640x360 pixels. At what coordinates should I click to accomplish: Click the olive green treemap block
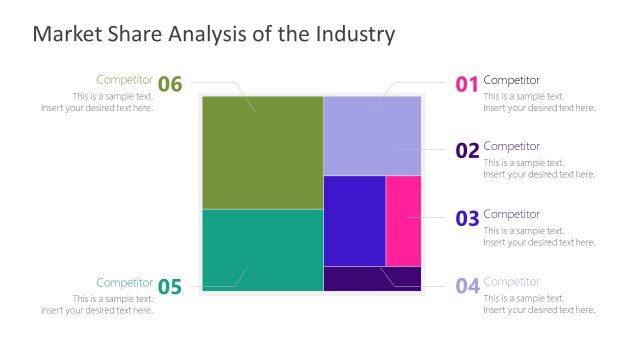click(262, 152)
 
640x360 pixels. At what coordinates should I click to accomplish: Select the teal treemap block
click(262, 250)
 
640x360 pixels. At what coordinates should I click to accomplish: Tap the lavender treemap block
click(372, 135)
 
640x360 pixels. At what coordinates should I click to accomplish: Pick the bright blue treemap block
click(354, 220)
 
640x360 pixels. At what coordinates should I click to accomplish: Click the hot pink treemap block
click(403, 220)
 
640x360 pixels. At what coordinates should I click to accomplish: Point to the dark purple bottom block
click(372, 278)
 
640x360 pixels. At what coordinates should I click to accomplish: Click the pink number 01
click(467, 85)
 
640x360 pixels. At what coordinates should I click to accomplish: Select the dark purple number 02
click(467, 151)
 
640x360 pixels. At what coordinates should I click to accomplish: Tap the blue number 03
click(467, 219)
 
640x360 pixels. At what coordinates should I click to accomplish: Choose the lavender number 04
click(467, 286)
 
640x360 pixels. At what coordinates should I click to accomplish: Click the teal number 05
click(170, 288)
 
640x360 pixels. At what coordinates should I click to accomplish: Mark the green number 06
click(170, 85)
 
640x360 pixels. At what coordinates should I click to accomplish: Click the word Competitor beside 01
click(511, 80)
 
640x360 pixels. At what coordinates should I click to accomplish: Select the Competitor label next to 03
click(511, 214)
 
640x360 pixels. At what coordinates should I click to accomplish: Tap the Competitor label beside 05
click(124, 282)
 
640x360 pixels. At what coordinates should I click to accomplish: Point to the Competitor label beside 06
click(124, 80)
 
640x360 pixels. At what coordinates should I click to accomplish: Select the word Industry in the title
click(356, 35)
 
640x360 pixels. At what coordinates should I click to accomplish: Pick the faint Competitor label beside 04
click(511, 282)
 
